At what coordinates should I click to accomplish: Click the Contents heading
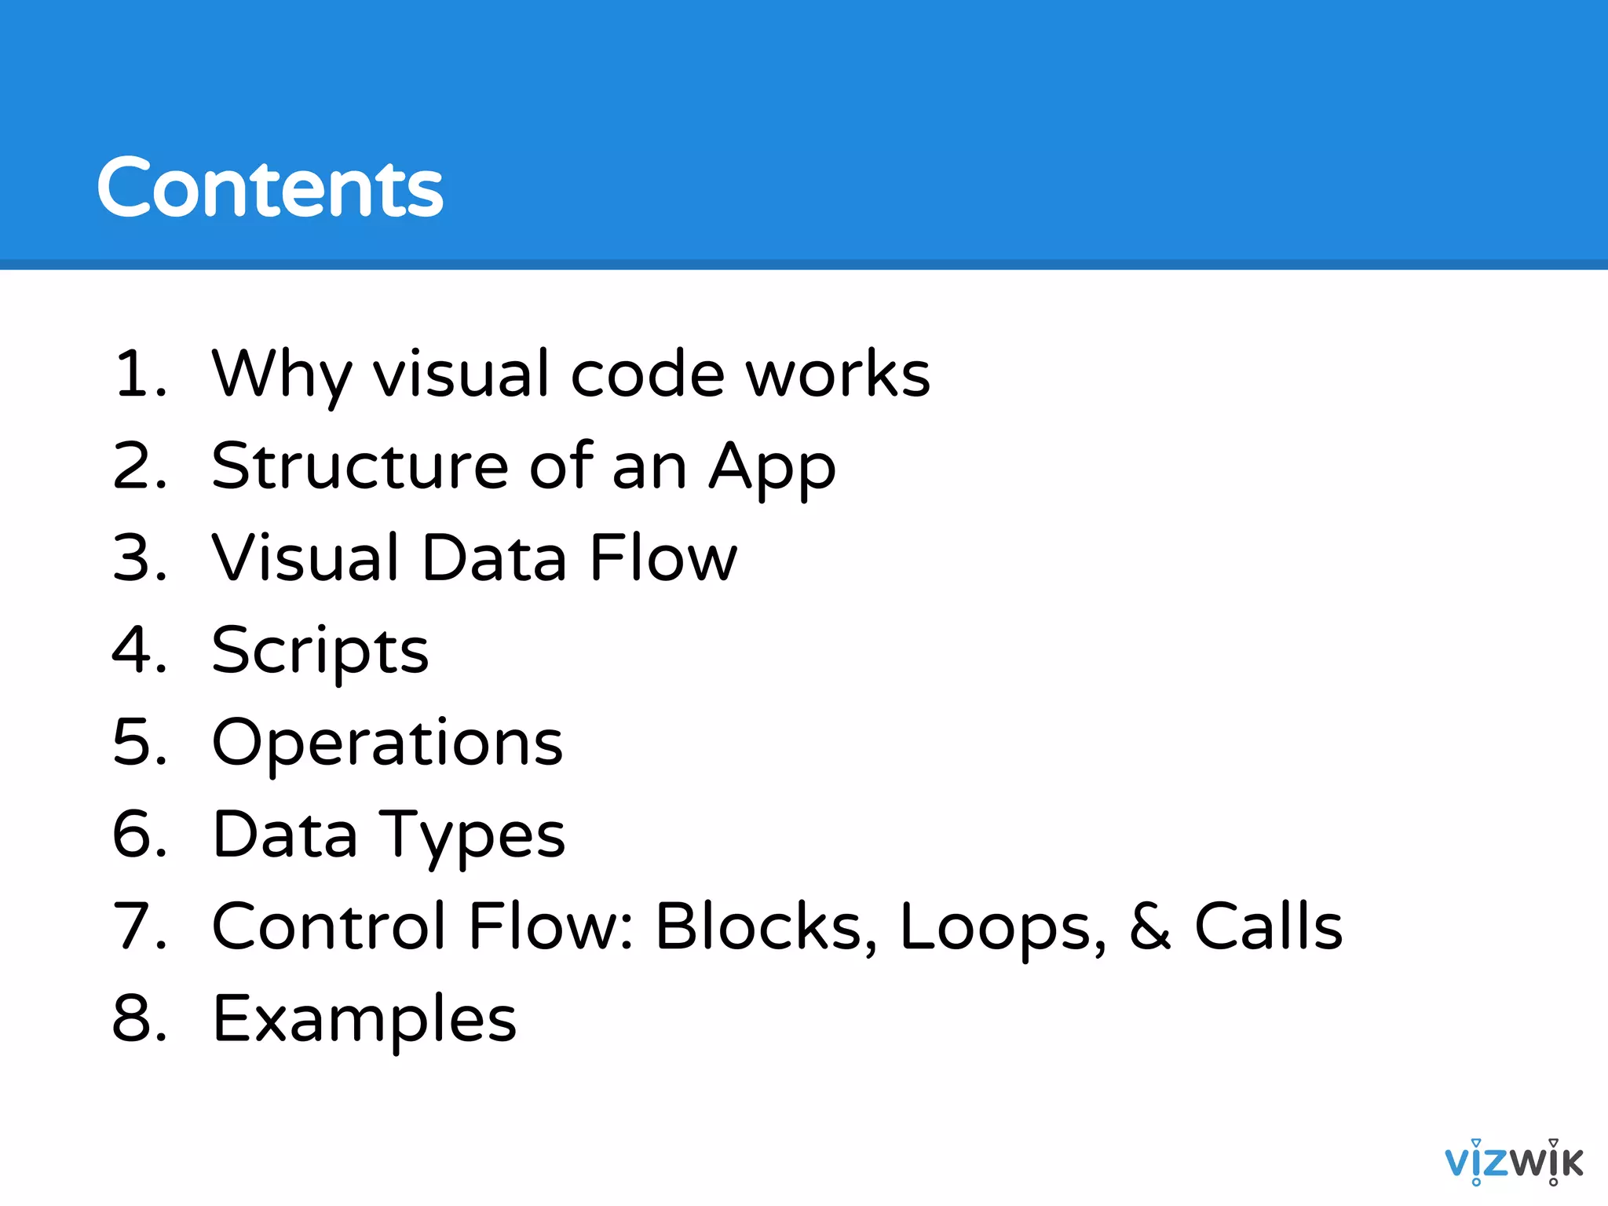[x=270, y=188]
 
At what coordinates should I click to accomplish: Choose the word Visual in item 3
[x=306, y=557]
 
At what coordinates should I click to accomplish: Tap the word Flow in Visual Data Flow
[x=663, y=557]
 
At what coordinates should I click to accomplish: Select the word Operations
[x=388, y=744]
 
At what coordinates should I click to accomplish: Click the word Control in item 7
[x=330, y=926]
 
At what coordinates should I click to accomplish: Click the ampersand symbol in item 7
[x=1149, y=926]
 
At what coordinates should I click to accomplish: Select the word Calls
[x=1268, y=926]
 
